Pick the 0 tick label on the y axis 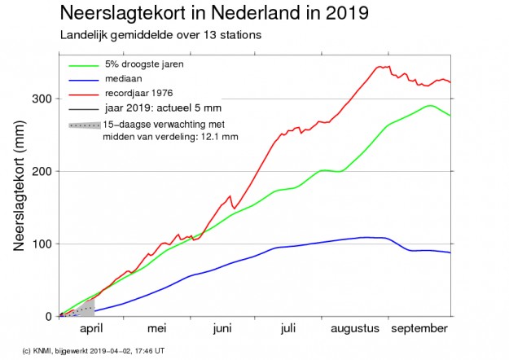[50, 317]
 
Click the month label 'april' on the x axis [92, 329]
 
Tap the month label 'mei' [156, 329]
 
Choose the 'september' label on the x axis [419, 329]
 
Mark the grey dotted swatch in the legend [84, 125]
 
